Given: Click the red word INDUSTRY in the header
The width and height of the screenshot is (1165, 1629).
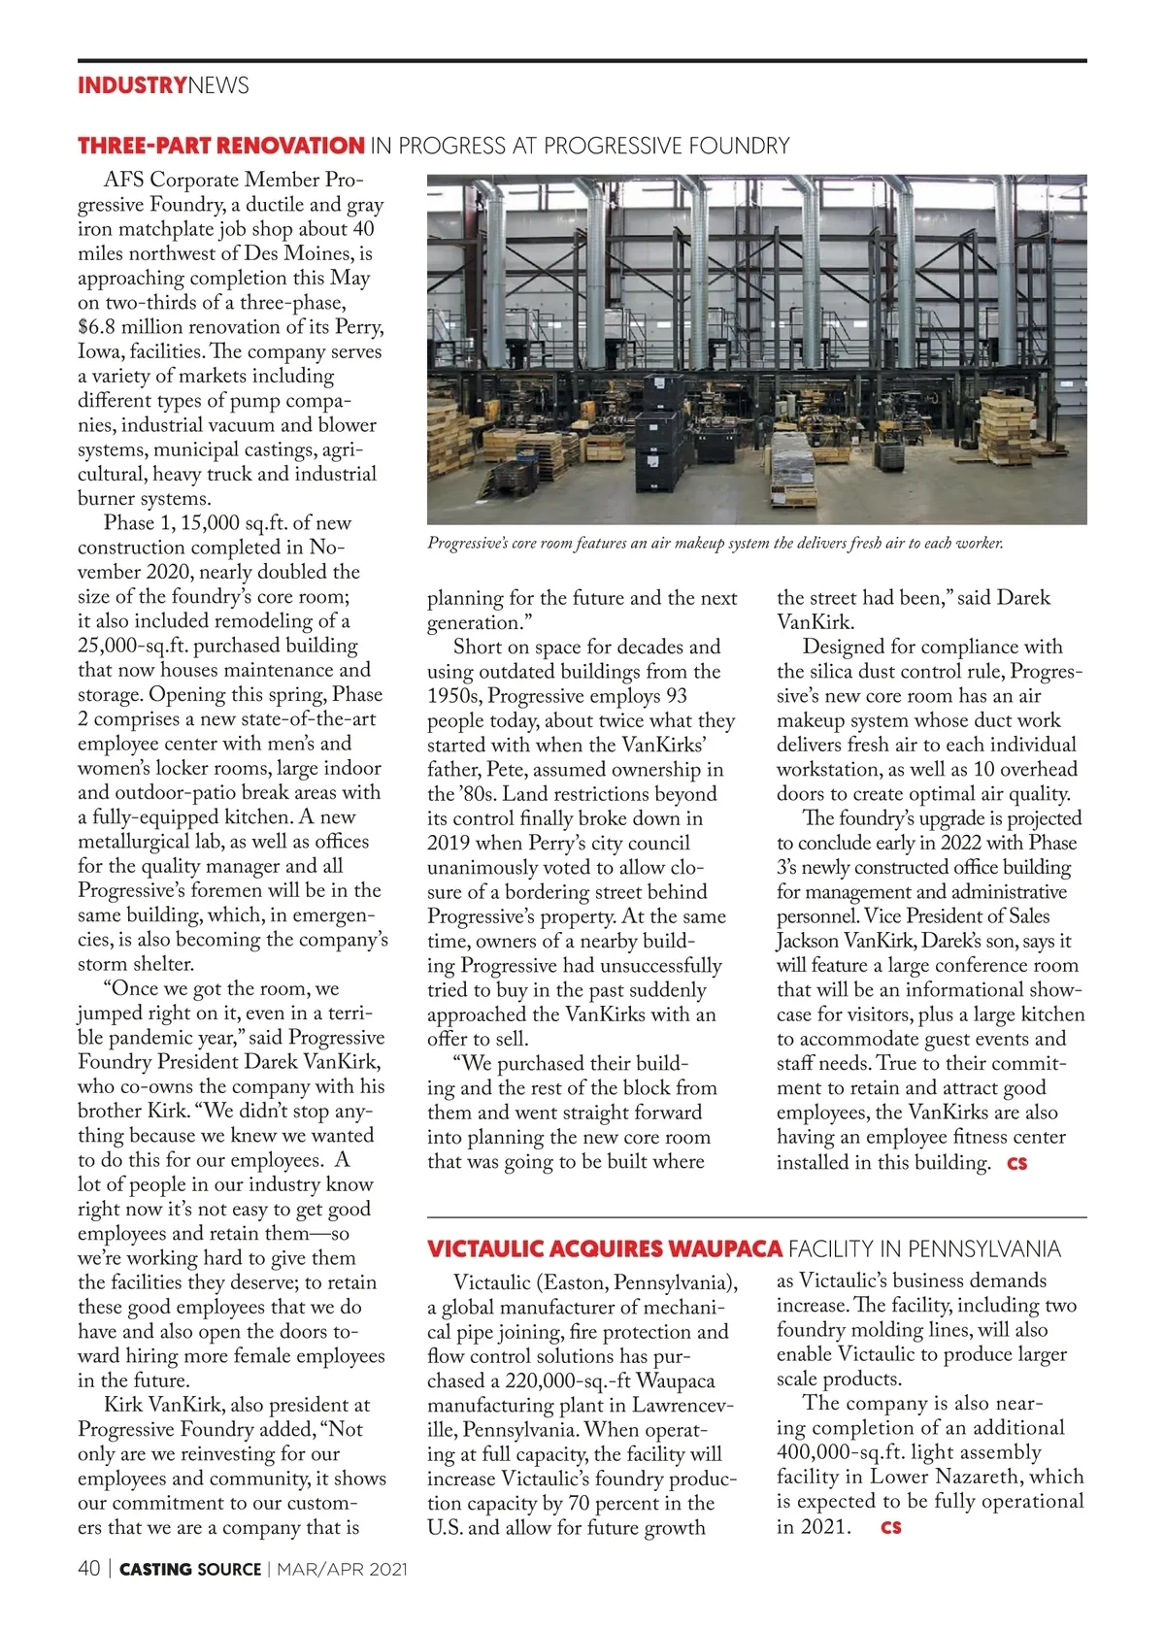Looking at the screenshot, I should (x=132, y=85).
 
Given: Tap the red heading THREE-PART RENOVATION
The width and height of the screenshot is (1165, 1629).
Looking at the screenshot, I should (x=220, y=147).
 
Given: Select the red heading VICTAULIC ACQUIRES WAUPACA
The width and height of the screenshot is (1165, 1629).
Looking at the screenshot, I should (x=605, y=1248).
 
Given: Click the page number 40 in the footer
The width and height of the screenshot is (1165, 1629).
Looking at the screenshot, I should (x=88, y=1569).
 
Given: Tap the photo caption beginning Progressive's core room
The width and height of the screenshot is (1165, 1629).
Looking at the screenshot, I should (x=715, y=544).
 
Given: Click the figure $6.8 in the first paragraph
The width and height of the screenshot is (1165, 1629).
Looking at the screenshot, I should (x=96, y=327).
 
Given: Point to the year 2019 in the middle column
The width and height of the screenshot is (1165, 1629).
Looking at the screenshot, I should (x=449, y=844).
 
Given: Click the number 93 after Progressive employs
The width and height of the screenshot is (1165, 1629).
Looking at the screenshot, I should (x=675, y=696).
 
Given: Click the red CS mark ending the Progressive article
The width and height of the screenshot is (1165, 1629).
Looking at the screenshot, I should (x=1016, y=1163).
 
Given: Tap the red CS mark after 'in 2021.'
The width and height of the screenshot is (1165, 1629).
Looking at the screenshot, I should (x=890, y=1527).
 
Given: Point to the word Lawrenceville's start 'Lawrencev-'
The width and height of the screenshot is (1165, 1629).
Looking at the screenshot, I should (x=682, y=1406).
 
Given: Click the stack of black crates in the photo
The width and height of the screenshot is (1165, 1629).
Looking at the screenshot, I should (x=662, y=456).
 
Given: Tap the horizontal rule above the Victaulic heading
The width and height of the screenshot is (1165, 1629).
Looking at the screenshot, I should (x=756, y=1217).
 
